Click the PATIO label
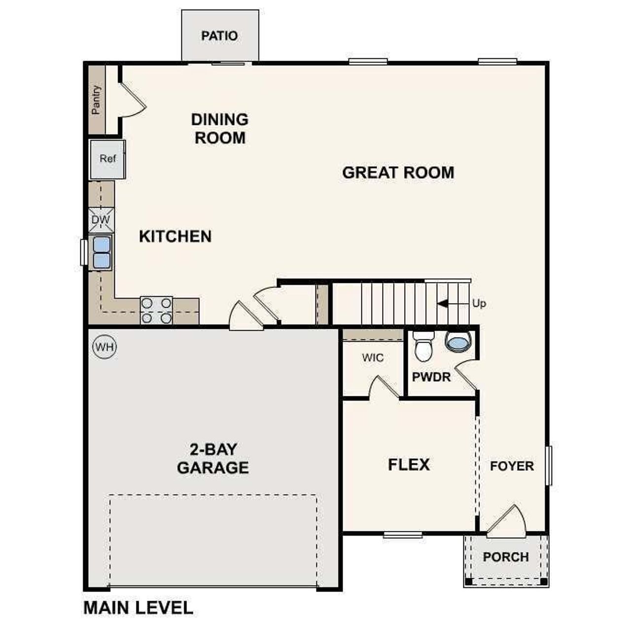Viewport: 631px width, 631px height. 219,36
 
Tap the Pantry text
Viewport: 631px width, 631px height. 96,100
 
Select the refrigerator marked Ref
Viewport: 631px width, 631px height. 107,159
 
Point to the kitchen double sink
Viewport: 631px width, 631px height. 102,252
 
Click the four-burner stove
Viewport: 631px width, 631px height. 156,311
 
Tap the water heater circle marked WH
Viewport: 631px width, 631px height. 105,347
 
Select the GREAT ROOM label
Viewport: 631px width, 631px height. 398,173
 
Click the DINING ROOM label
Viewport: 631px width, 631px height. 220,129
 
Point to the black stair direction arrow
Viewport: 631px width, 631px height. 443,304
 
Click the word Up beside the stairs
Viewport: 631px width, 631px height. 479,304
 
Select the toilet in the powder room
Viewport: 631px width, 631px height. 423,346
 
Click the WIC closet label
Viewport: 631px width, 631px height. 372,358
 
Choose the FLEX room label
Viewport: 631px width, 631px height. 409,465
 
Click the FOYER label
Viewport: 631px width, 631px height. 512,466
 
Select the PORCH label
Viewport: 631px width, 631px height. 506,557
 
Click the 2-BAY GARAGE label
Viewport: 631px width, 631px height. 213,458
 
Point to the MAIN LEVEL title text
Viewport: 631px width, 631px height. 139,608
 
